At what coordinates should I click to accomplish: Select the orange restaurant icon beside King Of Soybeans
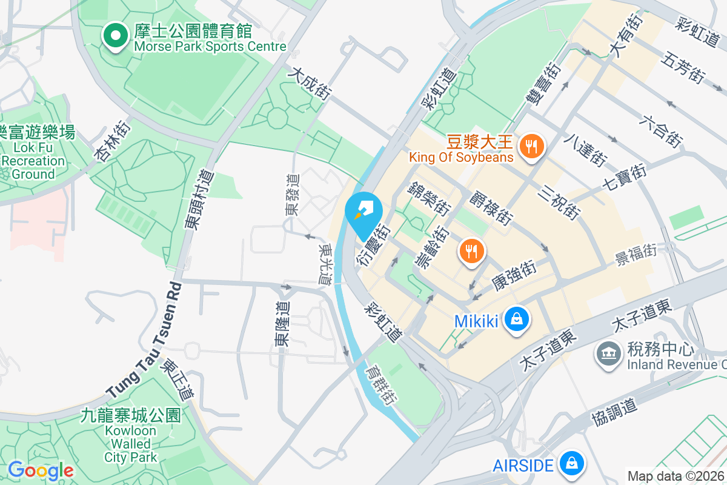(531, 145)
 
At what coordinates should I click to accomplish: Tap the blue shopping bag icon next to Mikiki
(516, 319)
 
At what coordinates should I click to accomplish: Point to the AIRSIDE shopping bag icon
(570, 464)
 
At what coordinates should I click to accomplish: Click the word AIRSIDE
(523, 465)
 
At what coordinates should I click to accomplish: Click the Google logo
(41, 470)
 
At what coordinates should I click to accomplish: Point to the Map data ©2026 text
(676, 476)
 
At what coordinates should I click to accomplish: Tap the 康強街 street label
(513, 276)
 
